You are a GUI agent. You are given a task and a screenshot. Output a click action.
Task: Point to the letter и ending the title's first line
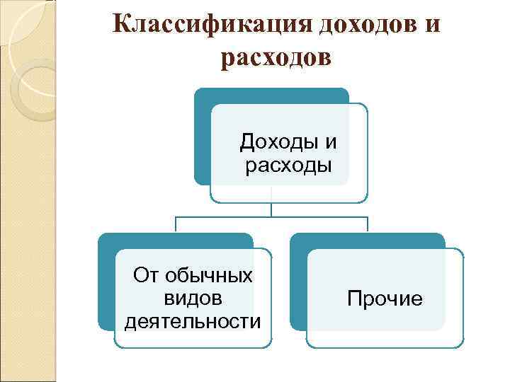tap(431, 25)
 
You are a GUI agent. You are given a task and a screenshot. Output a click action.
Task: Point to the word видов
tap(192, 298)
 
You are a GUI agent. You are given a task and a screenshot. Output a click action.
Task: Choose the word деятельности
tap(192, 322)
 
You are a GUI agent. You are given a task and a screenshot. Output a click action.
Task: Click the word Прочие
tap(385, 299)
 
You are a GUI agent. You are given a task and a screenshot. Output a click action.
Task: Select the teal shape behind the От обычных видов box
tap(106, 283)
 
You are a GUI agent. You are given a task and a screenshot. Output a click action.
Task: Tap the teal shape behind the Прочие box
tap(298, 283)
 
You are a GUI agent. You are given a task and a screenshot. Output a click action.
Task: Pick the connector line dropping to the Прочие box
tap(368, 224)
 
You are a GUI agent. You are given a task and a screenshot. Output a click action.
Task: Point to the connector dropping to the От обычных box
tap(176, 224)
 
